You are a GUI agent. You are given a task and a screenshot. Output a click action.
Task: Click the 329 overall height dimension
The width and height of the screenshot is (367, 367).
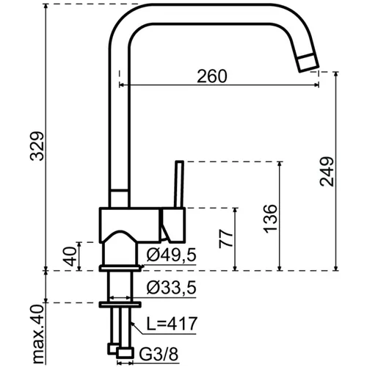point(37,146)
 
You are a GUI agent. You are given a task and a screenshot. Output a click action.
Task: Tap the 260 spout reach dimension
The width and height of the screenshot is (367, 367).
point(212,76)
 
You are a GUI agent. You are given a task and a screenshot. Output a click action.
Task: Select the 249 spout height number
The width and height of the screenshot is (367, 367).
point(327,172)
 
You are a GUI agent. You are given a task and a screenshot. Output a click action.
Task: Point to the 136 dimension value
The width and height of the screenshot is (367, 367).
point(271,219)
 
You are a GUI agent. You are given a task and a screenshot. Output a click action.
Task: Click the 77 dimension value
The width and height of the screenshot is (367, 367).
point(226,239)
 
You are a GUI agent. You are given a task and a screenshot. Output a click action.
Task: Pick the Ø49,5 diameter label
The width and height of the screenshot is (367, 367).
point(171,255)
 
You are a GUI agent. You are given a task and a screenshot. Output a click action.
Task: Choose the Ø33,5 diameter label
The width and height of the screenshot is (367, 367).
point(171,287)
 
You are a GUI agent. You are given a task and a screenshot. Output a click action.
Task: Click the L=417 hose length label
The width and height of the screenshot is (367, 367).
point(172,324)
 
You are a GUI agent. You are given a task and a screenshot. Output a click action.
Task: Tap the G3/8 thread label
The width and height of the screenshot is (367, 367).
point(159,354)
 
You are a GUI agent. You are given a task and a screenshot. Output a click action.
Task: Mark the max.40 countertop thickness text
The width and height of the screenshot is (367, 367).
point(38,334)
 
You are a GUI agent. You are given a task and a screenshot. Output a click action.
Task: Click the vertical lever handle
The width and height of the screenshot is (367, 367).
point(179,184)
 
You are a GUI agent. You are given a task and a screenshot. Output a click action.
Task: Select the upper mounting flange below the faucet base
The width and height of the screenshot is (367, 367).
point(120,269)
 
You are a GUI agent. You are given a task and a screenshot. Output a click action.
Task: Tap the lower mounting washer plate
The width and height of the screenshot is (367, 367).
point(120,305)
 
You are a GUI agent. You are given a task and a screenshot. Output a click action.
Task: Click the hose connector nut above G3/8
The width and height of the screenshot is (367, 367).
point(126,354)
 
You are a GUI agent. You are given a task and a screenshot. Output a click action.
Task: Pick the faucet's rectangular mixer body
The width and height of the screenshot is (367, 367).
point(130,225)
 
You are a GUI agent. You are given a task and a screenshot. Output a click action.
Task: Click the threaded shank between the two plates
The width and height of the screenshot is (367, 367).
point(120,286)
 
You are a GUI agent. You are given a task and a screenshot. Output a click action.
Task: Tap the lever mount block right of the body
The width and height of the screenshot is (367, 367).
point(173,225)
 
